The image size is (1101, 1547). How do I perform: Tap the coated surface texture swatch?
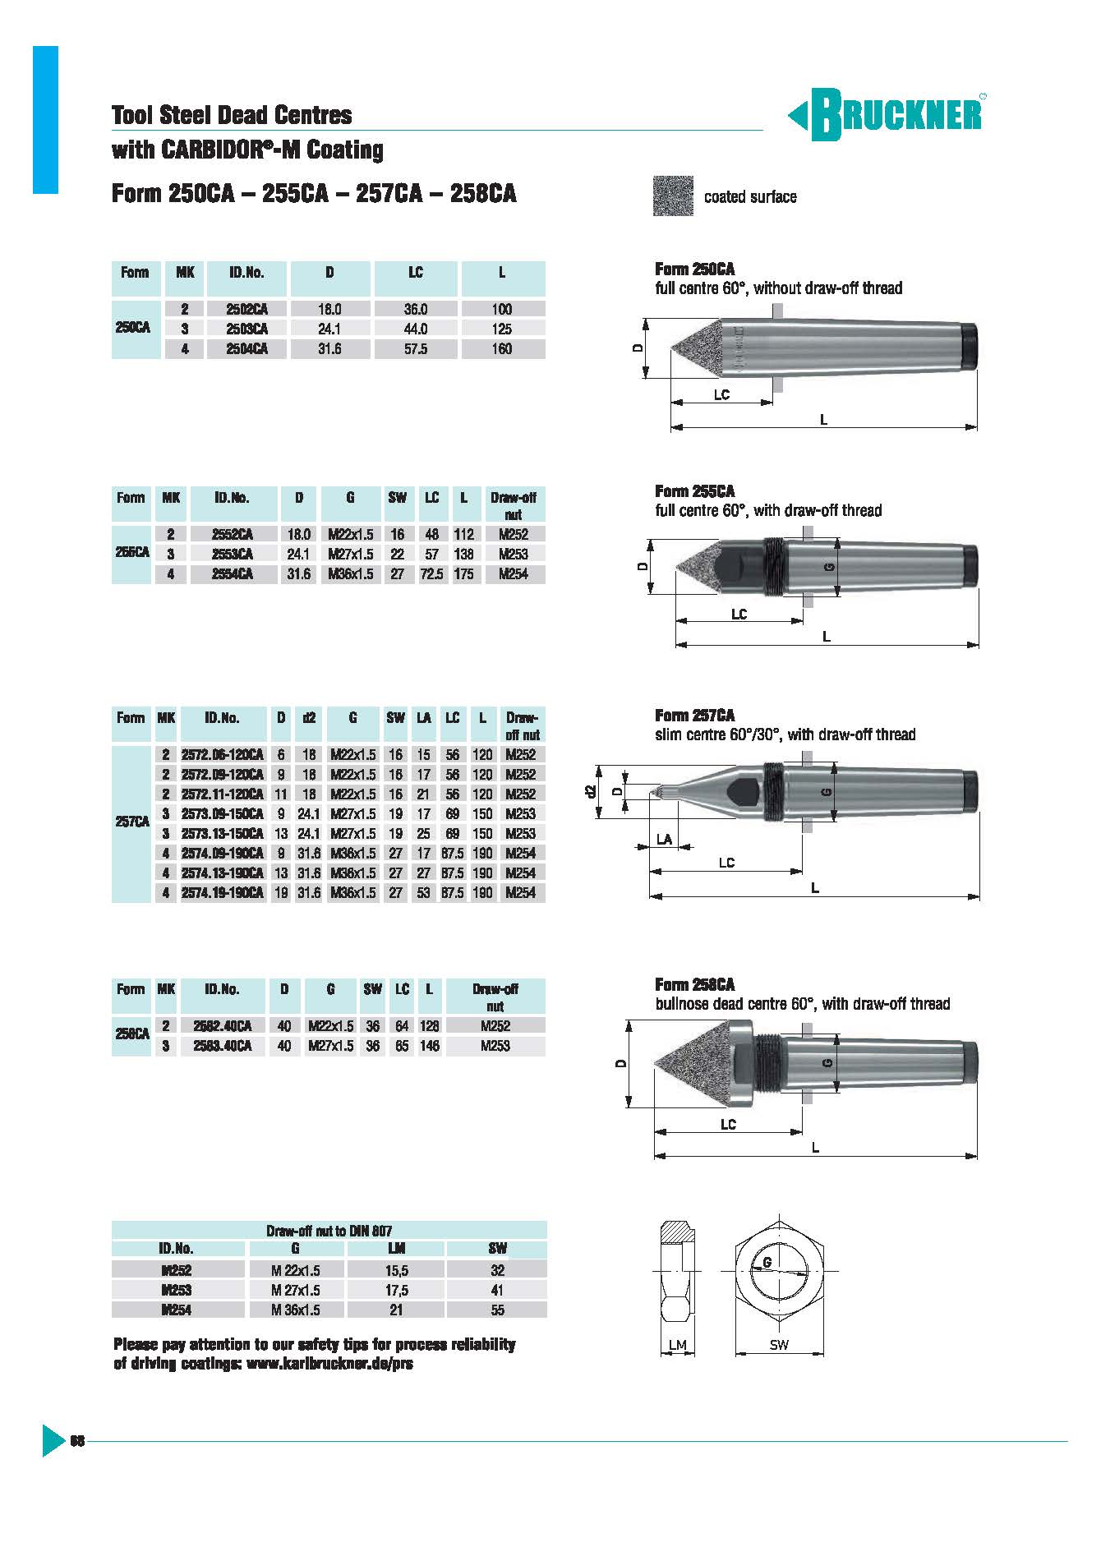[x=673, y=196]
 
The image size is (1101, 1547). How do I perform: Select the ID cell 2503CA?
[x=247, y=329]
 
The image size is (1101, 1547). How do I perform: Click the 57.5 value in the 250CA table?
[x=415, y=349]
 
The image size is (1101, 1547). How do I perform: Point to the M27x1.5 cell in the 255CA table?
[x=350, y=555]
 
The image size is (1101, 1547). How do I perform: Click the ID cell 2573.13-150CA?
[x=222, y=834]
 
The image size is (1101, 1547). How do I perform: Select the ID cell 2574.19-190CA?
[x=222, y=893]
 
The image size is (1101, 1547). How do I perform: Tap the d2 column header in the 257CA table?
[x=309, y=718]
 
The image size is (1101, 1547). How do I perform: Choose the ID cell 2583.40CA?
[x=222, y=1047]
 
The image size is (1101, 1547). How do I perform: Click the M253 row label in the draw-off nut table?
[x=177, y=1291]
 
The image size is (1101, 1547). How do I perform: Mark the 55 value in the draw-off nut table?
[x=497, y=1310]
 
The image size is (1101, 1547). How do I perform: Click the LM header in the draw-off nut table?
[x=396, y=1249]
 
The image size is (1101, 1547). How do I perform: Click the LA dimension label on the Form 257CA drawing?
[x=664, y=840]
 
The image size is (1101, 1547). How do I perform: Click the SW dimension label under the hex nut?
[x=779, y=1345]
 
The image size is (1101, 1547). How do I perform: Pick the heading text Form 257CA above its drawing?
[x=694, y=716]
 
